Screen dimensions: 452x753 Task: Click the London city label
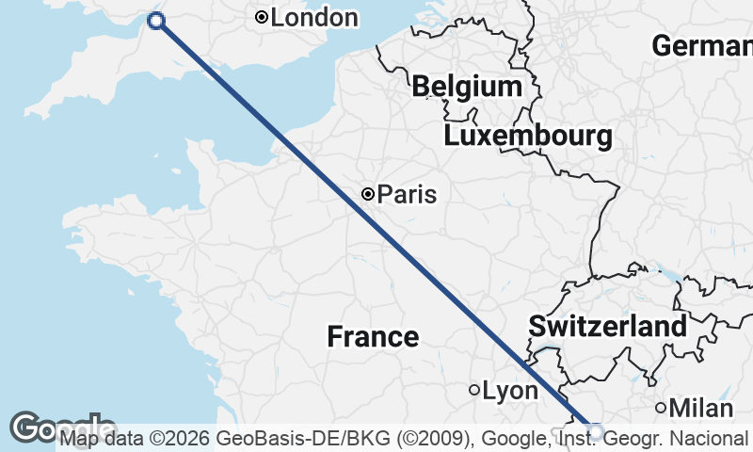tap(313, 18)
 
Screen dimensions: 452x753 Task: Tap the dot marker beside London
tap(262, 17)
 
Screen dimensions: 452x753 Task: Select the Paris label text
tap(407, 195)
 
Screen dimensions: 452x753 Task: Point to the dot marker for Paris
tap(368, 195)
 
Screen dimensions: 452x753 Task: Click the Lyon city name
tap(510, 390)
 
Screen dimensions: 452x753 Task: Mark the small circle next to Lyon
tap(474, 390)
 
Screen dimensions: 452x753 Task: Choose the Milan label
tap(700, 408)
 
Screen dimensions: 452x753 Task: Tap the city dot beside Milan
tap(661, 408)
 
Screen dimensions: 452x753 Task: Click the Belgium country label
tap(467, 88)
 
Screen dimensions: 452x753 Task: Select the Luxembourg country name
tap(527, 137)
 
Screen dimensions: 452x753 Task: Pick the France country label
tap(373, 336)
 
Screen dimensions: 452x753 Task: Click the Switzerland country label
tap(607, 327)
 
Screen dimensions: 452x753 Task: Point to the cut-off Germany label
tap(702, 45)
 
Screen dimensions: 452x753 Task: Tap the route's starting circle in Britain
tap(156, 21)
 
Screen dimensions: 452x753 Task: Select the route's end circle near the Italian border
tap(595, 431)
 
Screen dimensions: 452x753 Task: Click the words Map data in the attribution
tap(99, 438)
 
